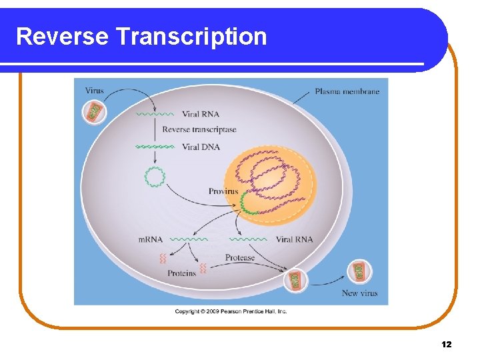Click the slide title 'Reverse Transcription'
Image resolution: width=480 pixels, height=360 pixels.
[x=141, y=36]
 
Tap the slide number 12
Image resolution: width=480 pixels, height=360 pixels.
[x=446, y=344]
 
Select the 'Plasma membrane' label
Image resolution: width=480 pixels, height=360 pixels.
[x=347, y=91]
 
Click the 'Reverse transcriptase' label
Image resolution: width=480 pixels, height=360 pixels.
[x=199, y=129]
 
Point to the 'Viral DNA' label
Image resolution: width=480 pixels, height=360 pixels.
[x=201, y=147]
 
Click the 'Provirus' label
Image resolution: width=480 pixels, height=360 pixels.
[x=223, y=191]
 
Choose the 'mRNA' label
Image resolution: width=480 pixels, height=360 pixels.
[x=151, y=239]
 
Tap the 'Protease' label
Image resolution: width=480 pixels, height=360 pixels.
[x=239, y=257]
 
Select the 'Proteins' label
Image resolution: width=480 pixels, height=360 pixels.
[x=181, y=273]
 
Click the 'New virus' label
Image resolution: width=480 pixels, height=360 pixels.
[x=359, y=293]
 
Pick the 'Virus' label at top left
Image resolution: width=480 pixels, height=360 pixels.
[x=94, y=91]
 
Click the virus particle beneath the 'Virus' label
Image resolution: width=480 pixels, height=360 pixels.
[x=95, y=111]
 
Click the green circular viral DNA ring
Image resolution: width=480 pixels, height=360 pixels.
[x=155, y=177]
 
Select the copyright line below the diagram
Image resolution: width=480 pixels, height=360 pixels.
[x=231, y=311]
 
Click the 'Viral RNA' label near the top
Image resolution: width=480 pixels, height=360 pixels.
[x=201, y=114]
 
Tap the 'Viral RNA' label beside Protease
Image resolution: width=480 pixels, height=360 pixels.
[x=294, y=239]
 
